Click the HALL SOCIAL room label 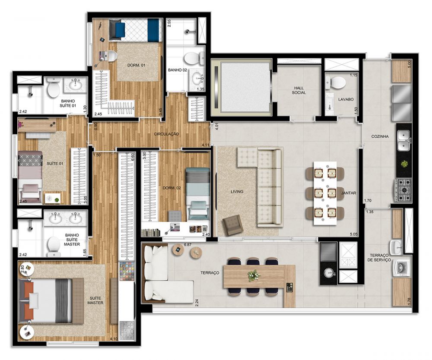point(299,90)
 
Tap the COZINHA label point(380,136)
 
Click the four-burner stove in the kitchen point(404,189)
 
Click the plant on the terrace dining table point(253,275)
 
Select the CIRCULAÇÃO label point(166,134)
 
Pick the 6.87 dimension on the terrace point(187,245)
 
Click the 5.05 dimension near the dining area point(353,234)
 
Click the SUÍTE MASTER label point(95,300)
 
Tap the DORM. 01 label point(136,65)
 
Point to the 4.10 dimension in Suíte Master point(114,339)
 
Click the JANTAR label point(349,193)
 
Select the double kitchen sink point(404,141)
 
